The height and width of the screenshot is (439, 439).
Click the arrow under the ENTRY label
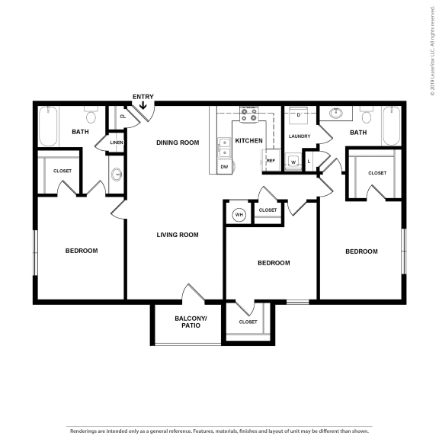pos(143,106)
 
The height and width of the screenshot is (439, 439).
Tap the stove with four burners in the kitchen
pos(248,115)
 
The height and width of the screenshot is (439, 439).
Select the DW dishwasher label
pos(224,166)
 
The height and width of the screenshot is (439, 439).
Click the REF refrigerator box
pos(271,161)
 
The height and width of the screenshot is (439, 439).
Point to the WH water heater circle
pos(239,215)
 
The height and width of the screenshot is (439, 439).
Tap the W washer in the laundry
pos(293,162)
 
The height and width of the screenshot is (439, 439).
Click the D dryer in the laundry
pos(299,115)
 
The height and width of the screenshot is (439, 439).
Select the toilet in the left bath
pos(92,115)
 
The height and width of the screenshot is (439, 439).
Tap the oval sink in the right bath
pos(336,115)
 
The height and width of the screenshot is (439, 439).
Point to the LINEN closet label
pos(116,143)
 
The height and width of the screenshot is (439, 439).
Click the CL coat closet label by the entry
pos(122,117)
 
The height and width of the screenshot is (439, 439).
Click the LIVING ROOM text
pos(178,235)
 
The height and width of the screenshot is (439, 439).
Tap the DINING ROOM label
pos(178,143)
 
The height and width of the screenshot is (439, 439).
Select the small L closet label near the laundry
pos(309,162)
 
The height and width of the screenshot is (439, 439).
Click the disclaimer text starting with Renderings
pos(219,431)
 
